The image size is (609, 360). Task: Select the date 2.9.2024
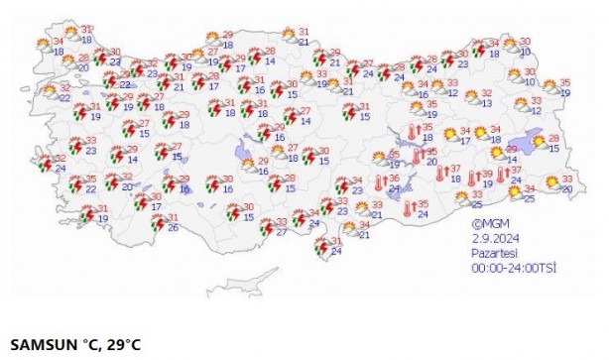[x=491, y=239]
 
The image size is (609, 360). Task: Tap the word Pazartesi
[x=491, y=253]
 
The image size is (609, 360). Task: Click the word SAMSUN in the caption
[x=40, y=345]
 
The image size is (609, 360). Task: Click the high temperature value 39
[x=486, y=173]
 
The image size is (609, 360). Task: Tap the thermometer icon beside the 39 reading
[x=472, y=179]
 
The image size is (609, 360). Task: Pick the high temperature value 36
[x=395, y=178]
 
